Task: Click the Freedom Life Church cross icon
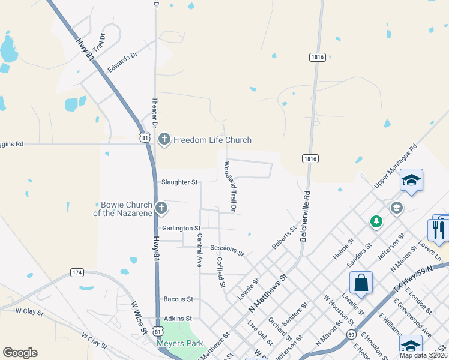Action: (x=164, y=140)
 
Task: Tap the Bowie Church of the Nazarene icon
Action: (x=161, y=208)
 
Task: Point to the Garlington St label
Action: (x=181, y=229)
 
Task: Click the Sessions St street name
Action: (x=227, y=250)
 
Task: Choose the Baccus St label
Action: (x=178, y=299)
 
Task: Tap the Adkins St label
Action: (x=177, y=319)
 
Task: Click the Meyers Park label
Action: (x=180, y=344)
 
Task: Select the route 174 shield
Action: (x=76, y=272)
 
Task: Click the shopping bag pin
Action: (x=361, y=283)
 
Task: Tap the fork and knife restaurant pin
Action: (x=438, y=229)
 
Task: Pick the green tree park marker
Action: (x=376, y=222)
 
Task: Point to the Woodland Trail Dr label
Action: (x=229, y=185)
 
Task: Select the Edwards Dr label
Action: (x=122, y=62)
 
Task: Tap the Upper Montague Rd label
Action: (x=395, y=165)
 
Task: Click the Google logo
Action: (x=20, y=353)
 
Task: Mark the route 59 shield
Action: (x=351, y=333)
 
